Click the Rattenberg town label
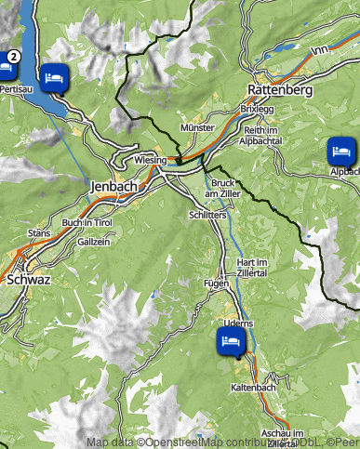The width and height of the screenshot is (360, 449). pyautogui.click(x=279, y=90)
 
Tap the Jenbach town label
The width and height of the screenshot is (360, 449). pyautogui.click(x=113, y=187)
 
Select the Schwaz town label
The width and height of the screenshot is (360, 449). pyautogui.click(x=27, y=278)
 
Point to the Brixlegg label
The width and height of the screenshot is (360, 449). pyautogui.click(x=258, y=109)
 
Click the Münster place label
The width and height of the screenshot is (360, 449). pyautogui.click(x=198, y=126)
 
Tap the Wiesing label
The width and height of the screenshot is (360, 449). pyautogui.click(x=150, y=160)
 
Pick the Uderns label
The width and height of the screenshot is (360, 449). pyautogui.click(x=238, y=322)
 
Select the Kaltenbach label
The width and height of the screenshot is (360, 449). pyautogui.click(x=249, y=387)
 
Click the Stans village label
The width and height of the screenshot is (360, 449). pyautogui.click(x=39, y=232)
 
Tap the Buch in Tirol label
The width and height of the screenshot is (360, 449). pyautogui.click(x=87, y=223)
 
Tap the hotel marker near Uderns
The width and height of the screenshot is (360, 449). pyautogui.click(x=229, y=340)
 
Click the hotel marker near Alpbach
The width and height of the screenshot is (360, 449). pyautogui.click(x=340, y=149)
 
